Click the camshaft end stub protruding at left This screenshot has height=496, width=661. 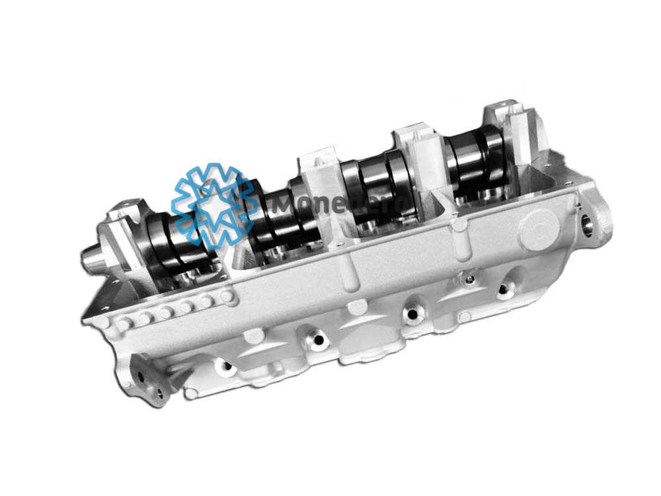93,257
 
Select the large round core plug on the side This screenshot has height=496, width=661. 539,228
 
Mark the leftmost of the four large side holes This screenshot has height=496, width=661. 225,366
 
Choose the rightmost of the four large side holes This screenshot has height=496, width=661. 506,288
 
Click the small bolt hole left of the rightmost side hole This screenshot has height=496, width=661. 469,280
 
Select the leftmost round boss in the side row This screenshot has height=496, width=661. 122,324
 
